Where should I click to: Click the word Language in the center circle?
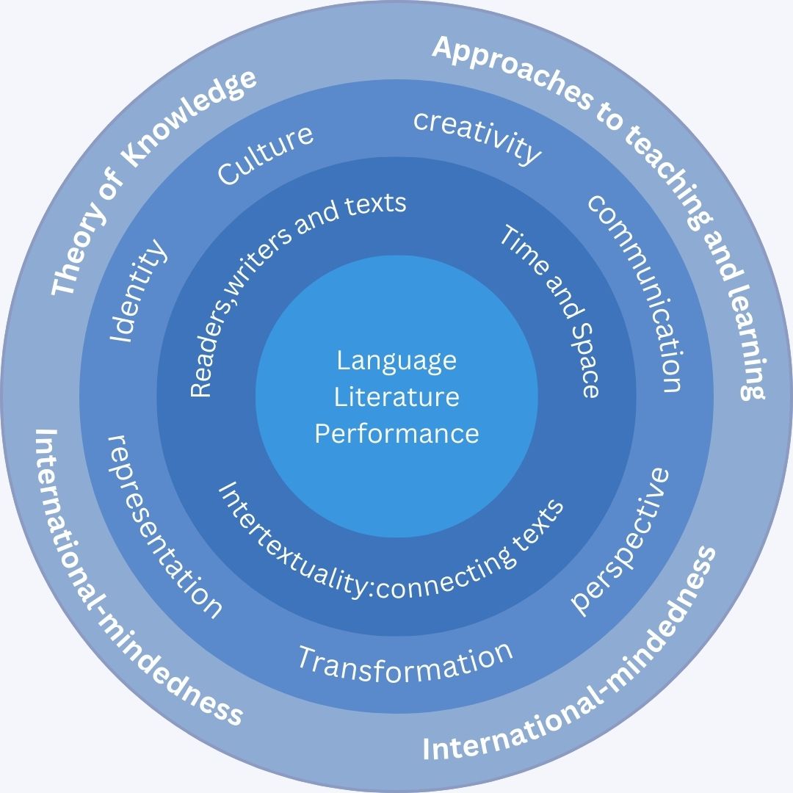[x=396, y=361]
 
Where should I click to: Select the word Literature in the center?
[x=396, y=396]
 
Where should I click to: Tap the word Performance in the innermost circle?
[x=396, y=433]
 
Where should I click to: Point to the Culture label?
[x=266, y=155]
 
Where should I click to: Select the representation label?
[x=163, y=526]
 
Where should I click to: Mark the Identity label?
[x=138, y=291]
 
